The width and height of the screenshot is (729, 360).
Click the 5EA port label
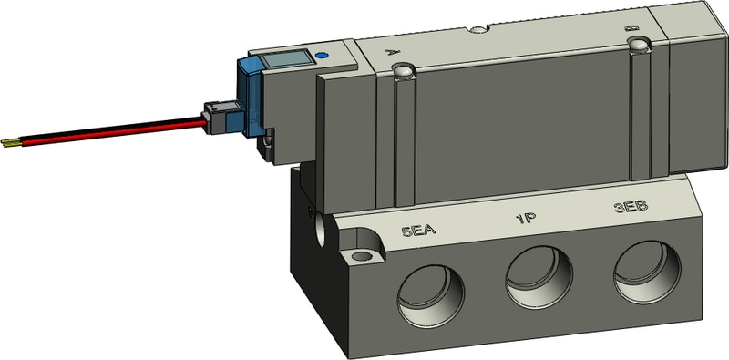click(x=418, y=230)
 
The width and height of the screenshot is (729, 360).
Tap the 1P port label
click(x=527, y=218)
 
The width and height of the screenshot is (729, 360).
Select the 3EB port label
click(x=631, y=207)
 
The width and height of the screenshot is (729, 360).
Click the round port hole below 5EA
click(x=430, y=296)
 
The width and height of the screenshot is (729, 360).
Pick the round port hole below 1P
click(x=539, y=277)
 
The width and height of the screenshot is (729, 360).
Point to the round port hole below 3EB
click(x=647, y=272)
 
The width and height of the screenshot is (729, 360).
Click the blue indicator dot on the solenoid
click(x=321, y=56)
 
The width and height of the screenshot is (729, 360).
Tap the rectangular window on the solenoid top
click(x=285, y=59)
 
